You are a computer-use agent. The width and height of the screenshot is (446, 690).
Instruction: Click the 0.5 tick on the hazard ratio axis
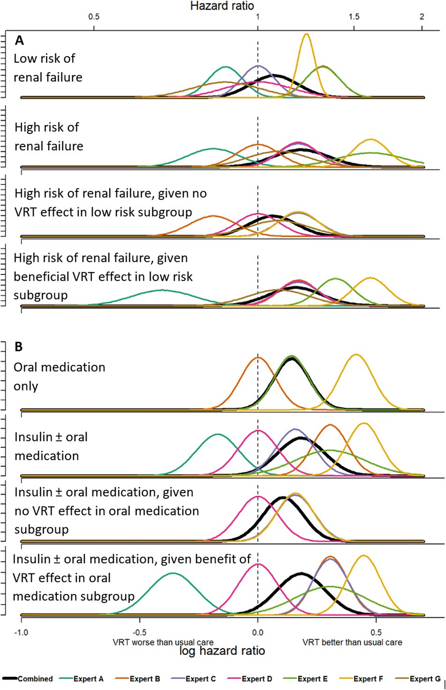(x=94, y=17)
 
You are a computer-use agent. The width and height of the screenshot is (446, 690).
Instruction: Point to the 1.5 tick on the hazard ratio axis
(x=354, y=17)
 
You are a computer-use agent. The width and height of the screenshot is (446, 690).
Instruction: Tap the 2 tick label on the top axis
(x=422, y=17)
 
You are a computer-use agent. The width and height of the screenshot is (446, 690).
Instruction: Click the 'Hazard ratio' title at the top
(x=222, y=6)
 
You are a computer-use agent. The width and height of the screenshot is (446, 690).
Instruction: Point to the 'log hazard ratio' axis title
(x=222, y=650)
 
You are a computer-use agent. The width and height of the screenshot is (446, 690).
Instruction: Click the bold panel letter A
(x=19, y=41)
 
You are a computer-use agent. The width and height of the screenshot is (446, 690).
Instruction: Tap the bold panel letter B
(x=19, y=347)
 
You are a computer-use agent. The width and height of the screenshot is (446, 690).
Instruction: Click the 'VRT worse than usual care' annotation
(x=163, y=642)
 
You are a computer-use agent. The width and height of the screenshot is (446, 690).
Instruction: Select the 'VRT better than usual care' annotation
(x=352, y=642)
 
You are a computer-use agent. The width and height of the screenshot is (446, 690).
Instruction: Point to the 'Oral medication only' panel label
(x=59, y=376)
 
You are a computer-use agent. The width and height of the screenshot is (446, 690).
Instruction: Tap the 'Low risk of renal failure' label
(x=48, y=68)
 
